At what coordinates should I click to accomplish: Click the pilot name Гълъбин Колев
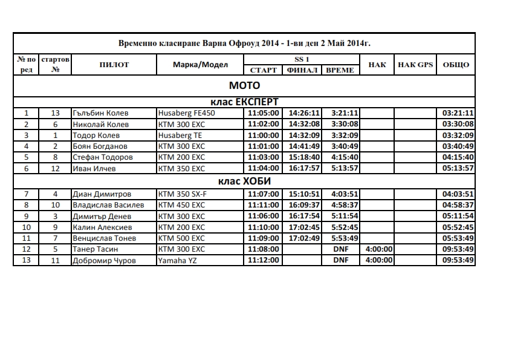[x=100, y=113]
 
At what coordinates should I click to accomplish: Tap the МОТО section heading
[x=244, y=85]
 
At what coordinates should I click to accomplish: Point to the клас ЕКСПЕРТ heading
[x=244, y=102]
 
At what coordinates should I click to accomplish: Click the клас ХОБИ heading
[x=244, y=182]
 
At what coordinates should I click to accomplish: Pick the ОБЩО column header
[x=456, y=65]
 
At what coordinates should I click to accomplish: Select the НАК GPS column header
[x=415, y=65]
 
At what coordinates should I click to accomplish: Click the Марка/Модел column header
[x=200, y=65]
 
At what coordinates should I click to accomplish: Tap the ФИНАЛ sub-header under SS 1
[x=302, y=70]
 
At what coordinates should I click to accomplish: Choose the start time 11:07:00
[x=264, y=194]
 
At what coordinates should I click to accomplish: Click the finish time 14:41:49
[x=303, y=146]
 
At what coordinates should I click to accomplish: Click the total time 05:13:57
[x=458, y=168]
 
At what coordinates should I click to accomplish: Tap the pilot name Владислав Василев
[x=108, y=205]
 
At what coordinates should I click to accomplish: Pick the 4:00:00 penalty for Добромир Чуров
[x=379, y=261]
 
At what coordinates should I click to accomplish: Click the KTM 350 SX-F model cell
[x=182, y=194]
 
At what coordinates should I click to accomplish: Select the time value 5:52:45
[x=345, y=227]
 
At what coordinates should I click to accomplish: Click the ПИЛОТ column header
[x=114, y=65]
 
